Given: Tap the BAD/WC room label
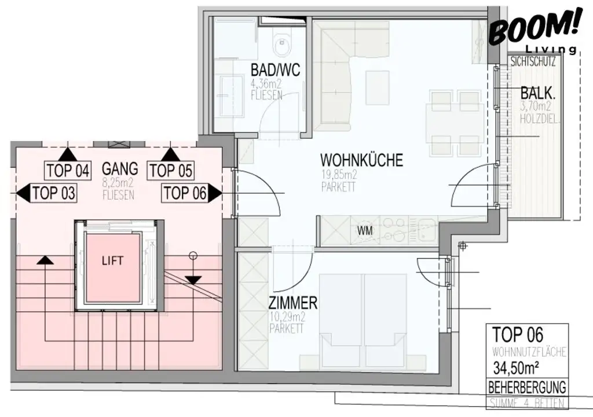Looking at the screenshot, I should tap(275, 70).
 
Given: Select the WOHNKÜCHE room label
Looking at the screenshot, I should tap(361, 160).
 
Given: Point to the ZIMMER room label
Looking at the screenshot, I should tap(292, 302).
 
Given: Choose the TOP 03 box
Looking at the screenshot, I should tap(54, 193).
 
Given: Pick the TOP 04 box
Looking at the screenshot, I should tap(68, 171).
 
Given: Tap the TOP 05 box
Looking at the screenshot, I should tap(171, 171).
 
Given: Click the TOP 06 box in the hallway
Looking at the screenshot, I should tap(185, 193).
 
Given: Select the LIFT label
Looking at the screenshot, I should tap(113, 261).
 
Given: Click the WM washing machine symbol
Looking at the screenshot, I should tap(365, 230).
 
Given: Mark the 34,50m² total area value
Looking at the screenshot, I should tap(518, 367).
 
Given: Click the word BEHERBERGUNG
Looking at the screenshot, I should tap(526, 387).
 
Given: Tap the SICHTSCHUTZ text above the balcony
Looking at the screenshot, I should tap(532, 61).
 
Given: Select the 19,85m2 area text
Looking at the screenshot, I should tap(339, 176).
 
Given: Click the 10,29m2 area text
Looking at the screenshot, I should tap(286, 318).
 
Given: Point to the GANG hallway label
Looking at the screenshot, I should tap(120, 169).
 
